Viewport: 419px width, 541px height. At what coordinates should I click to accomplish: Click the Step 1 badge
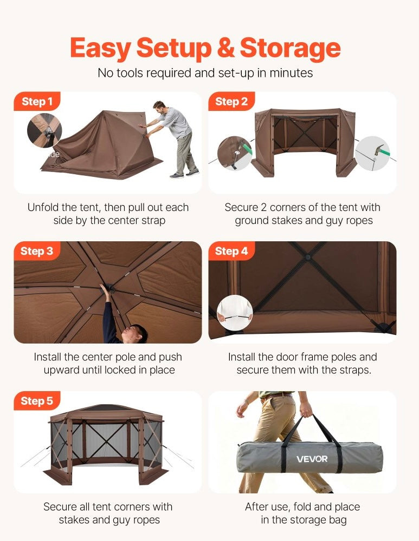37,101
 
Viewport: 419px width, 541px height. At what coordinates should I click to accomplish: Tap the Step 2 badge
231,101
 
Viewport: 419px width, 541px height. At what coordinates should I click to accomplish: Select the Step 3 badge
37,251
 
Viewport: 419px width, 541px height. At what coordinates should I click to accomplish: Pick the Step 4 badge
231,251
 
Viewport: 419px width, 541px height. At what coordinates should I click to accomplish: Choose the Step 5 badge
37,400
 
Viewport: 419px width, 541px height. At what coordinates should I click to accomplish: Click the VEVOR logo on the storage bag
312,459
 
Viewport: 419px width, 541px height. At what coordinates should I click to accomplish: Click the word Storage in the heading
290,49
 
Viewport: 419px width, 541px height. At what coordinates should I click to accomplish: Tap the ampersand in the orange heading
225,48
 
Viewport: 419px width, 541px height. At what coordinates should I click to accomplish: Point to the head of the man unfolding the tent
160,108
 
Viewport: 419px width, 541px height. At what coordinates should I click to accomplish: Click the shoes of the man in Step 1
184,174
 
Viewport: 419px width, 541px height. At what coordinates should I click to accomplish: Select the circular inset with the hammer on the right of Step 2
373,153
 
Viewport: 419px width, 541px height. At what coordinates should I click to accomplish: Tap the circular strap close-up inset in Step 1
44,130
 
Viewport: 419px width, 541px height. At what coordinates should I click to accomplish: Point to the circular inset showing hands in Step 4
235,312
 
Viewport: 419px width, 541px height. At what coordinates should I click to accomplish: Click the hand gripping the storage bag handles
306,411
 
